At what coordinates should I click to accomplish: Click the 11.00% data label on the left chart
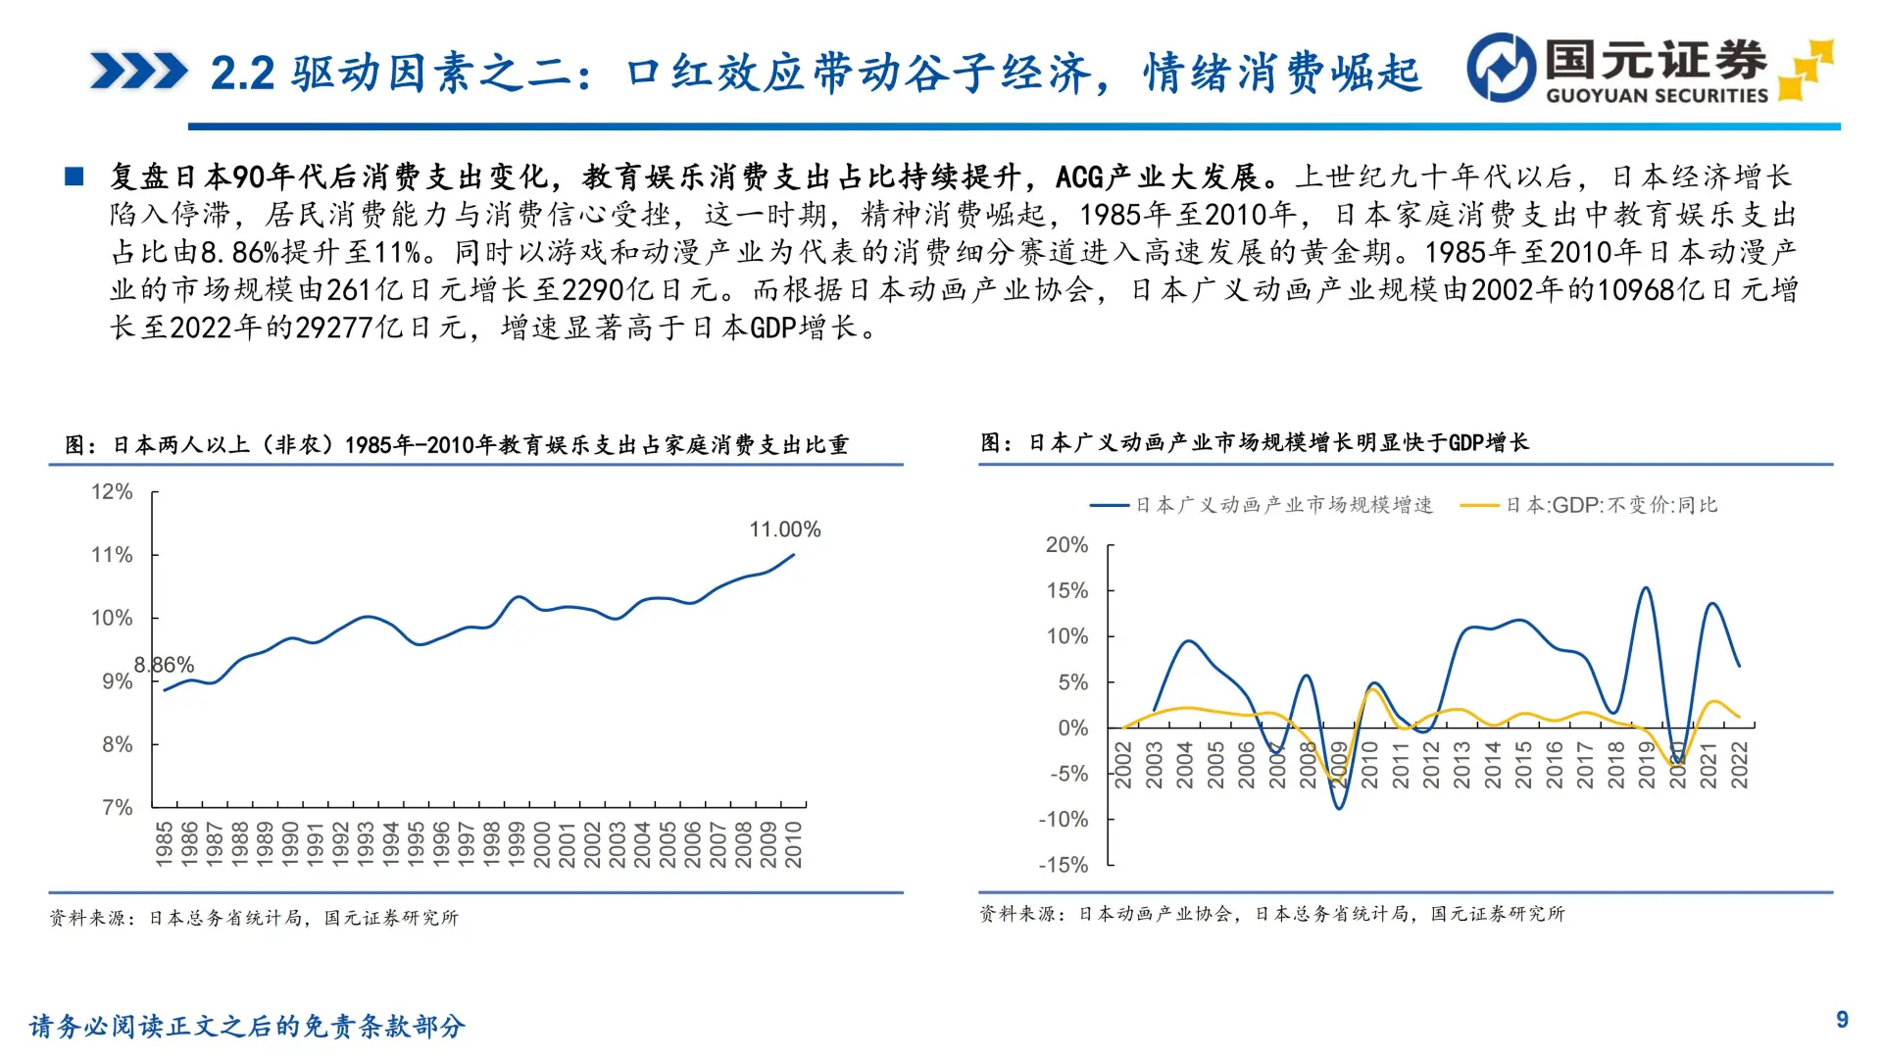(785, 529)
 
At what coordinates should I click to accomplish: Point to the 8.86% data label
(164, 665)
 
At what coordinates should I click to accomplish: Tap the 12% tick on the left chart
(112, 491)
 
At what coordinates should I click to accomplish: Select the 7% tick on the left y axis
(117, 807)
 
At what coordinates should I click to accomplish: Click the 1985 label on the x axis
(164, 844)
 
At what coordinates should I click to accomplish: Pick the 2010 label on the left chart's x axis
(793, 844)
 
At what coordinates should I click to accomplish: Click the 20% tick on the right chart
(1066, 545)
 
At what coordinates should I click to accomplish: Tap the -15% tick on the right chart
(1064, 865)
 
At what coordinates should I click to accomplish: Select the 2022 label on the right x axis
(1739, 765)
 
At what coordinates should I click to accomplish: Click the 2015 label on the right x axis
(1523, 765)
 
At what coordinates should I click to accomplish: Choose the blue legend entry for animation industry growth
(1263, 505)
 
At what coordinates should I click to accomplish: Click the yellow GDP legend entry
(1590, 505)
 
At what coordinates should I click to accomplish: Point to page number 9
(1842, 1020)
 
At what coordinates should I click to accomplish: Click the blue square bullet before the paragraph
(74, 176)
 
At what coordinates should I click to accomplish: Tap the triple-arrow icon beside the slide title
(138, 72)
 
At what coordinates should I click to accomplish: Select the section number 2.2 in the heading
(242, 74)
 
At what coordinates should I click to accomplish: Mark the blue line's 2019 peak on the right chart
(1646, 588)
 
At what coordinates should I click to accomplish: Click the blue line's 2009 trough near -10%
(1339, 807)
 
